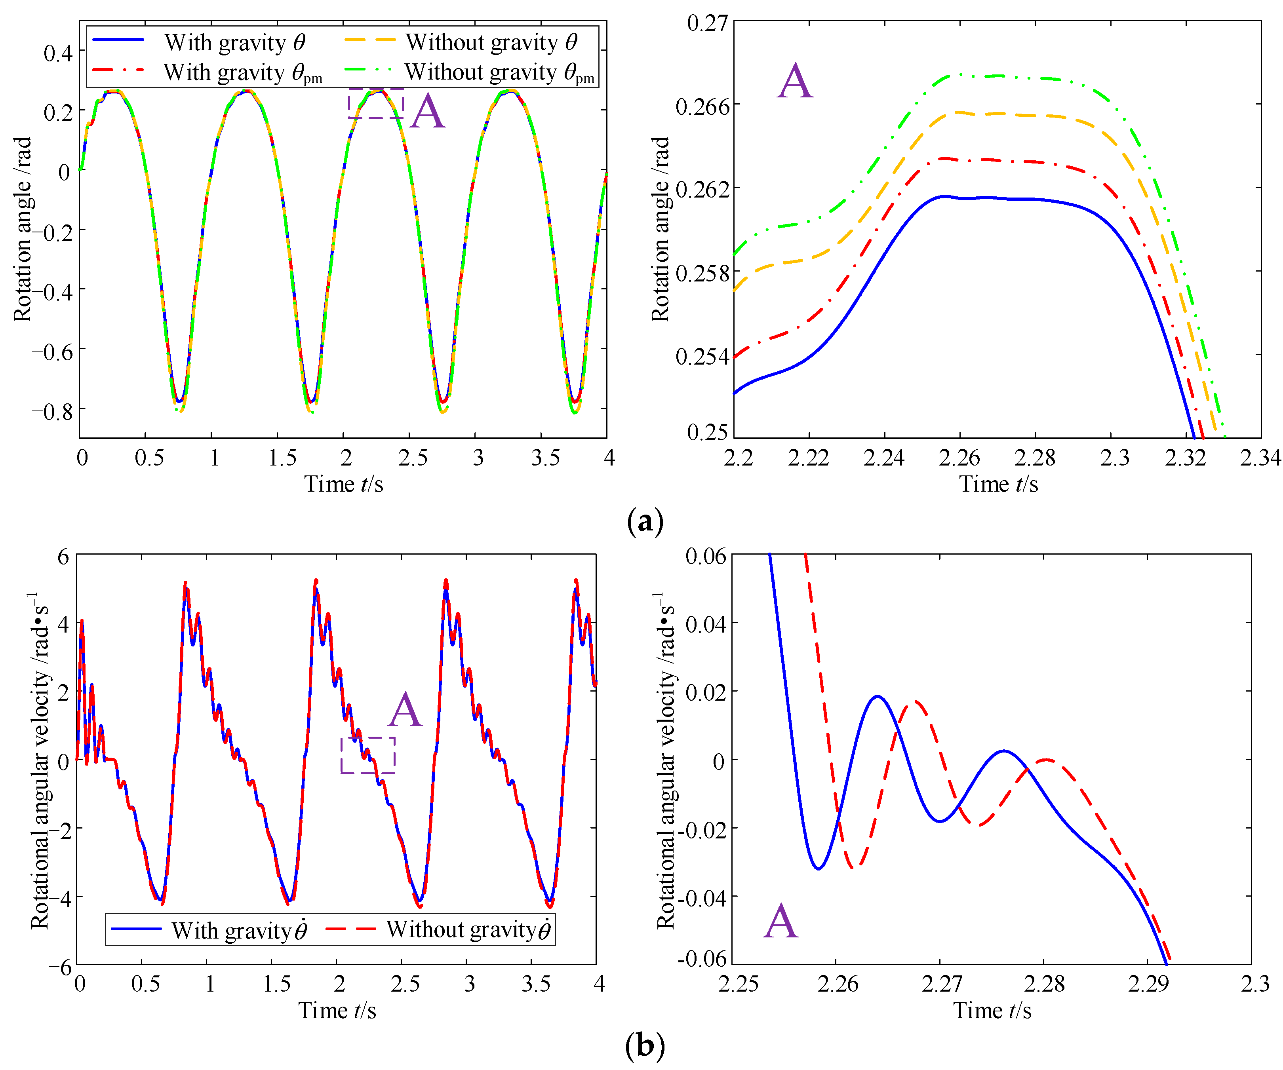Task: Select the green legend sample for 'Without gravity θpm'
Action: pos(364,70)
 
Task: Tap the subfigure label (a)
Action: pos(645,522)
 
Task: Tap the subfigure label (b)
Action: pos(645,1045)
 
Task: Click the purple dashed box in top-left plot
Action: pos(376,103)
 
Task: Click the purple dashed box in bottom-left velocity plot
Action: pos(368,755)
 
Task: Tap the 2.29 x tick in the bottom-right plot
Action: pos(1148,984)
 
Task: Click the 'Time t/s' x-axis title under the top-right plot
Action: pos(998,484)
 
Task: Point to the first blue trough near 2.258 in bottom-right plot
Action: pos(818,868)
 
